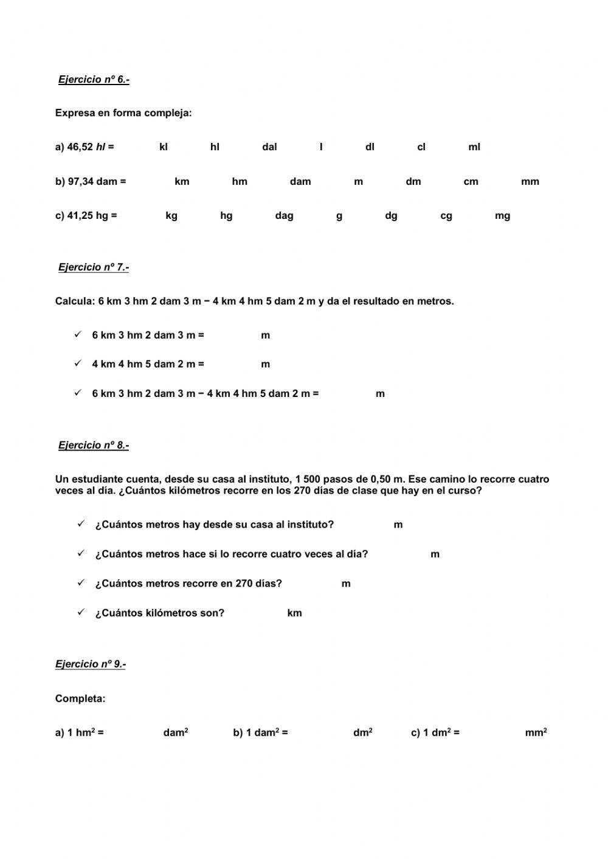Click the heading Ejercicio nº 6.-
(94, 80)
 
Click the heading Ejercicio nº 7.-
(94, 267)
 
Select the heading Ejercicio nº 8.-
(94, 445)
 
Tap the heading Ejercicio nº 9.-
(91, 664)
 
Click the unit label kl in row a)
(164, 147)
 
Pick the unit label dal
(269, 147)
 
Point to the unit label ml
(474, 147)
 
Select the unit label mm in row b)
(530, 181)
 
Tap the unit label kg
(171, 216)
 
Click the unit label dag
(284, 216)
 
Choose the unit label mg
(502, 216)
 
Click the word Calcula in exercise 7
(74, 302)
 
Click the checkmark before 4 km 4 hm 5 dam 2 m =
(78, 364)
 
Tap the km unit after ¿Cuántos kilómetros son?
(294, 613)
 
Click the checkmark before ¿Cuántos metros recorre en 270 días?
(81, 582)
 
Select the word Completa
(80, 699)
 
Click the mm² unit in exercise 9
(536, 733)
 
